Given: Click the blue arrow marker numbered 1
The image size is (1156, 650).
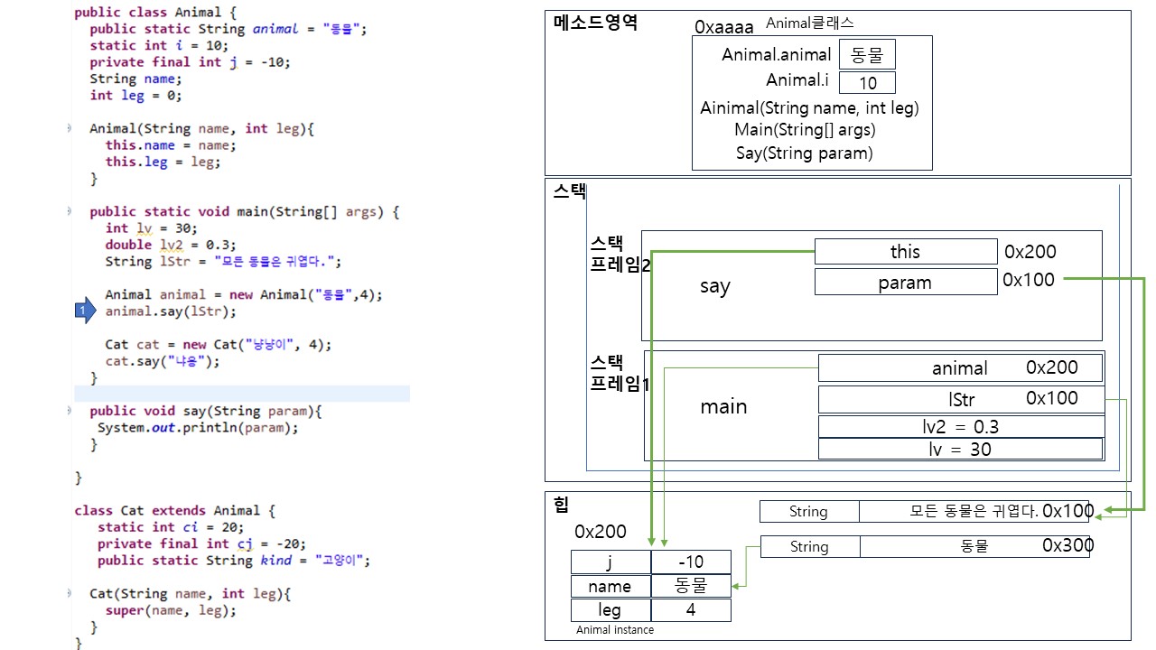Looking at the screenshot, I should click(84, 311).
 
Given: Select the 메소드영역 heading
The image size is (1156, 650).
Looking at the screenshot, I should click(595, 23).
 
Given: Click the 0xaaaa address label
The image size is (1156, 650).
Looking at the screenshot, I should click(723, 28).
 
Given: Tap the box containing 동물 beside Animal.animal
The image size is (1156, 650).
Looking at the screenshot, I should click(867, 55).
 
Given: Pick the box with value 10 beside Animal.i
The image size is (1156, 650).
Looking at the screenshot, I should click(867, 83).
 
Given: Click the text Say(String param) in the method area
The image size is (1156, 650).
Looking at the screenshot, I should click(804, 153).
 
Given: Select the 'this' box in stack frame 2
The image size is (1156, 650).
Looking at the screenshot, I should click(905, 252).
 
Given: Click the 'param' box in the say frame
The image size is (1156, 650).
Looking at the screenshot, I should click(905, 283).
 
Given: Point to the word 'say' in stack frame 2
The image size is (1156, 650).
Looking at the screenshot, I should click(714, 286).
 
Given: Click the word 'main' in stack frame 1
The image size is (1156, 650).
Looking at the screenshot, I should click(723, 406).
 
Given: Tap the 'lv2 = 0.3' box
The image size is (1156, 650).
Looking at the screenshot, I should click(961, 427).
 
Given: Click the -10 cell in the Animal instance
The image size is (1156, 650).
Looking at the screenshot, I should click(690, 562).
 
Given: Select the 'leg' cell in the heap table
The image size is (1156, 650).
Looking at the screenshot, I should click(610, 610).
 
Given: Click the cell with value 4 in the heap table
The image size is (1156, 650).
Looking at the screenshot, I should click(690, 610).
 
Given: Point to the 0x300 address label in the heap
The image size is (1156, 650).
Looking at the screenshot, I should click(1067, 545).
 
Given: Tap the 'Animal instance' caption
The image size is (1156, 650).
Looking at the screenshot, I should click(615, 630).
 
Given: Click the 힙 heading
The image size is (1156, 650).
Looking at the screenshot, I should click(562, 504).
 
